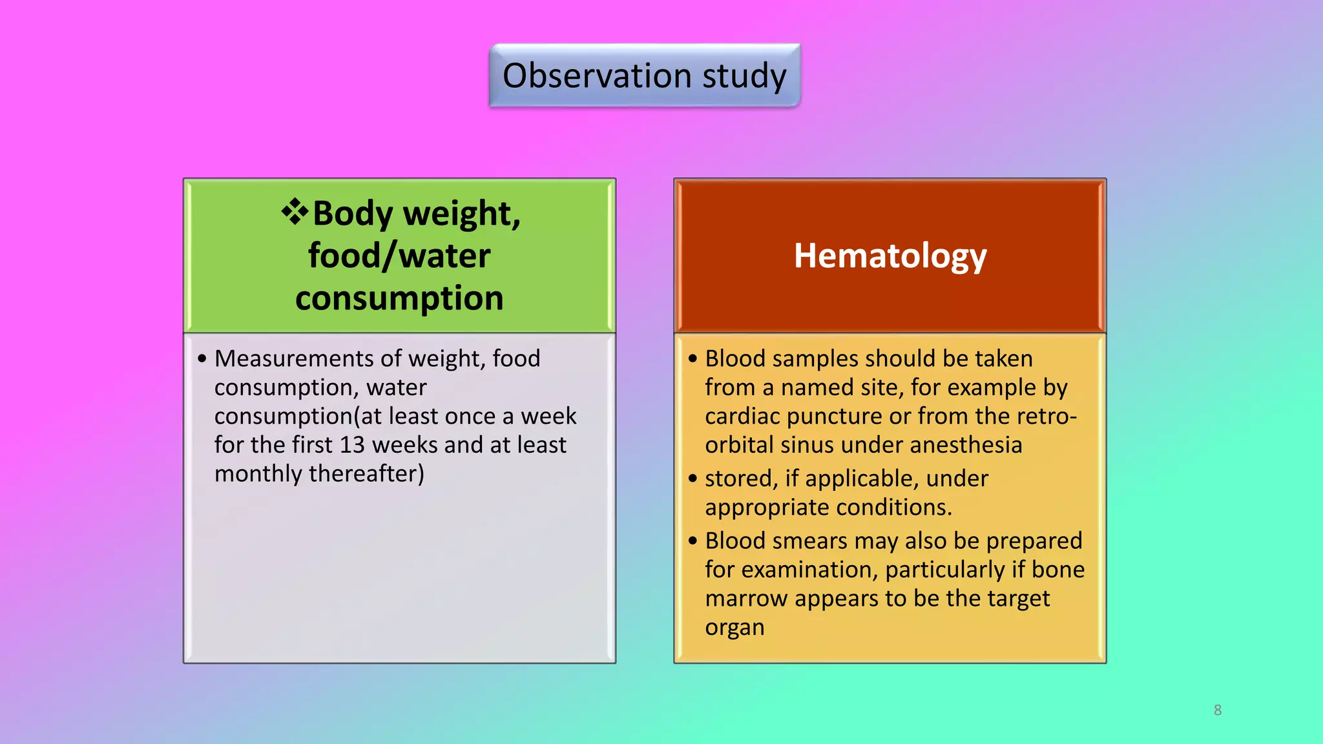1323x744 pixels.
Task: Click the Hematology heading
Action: pyautogui.click(x=890, y=256)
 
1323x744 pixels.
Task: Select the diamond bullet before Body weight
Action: pyautogui.click(x=295, y=212)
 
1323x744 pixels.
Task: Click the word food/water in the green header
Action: pyautogui.click(x=399, y=256)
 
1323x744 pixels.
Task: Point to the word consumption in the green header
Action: pyautogui.click(x=399, y=299)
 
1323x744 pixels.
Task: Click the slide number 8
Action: pyautogui.click(x=1218, y=710)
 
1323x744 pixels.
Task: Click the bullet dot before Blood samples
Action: pyautogui.click(x=693, y=358)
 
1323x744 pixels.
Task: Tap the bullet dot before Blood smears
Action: pyautogui.click(x=693, y=541)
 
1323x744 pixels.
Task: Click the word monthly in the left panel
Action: pyautogui.click(x=258, y=474)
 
